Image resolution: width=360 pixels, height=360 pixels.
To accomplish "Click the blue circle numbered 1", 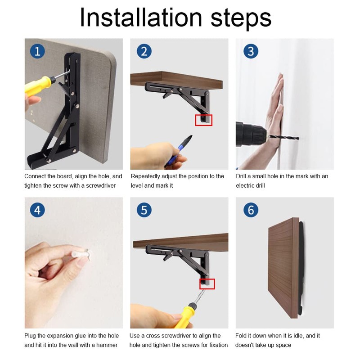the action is (37, 51).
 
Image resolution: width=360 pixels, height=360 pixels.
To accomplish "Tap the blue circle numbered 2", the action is (144, 51).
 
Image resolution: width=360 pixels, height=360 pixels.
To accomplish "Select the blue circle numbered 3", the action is (251, 51).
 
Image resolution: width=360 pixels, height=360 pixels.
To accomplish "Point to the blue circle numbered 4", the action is (37, 210).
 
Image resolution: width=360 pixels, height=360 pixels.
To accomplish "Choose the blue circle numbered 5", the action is (144, 210).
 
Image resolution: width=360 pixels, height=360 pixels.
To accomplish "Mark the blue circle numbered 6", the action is (251, 210).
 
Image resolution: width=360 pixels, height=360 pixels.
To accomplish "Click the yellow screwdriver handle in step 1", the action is (38, 85).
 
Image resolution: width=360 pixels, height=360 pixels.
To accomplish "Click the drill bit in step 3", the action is (284, 138).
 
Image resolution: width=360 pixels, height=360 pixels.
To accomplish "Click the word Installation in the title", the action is (141, 18).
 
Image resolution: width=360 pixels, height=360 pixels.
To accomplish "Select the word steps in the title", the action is (241, 19).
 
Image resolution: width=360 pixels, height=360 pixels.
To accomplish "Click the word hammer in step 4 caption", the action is (107, 345).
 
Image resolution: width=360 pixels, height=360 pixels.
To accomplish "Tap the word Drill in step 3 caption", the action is (241, 176).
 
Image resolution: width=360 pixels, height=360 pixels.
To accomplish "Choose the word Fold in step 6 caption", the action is (241, 336).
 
